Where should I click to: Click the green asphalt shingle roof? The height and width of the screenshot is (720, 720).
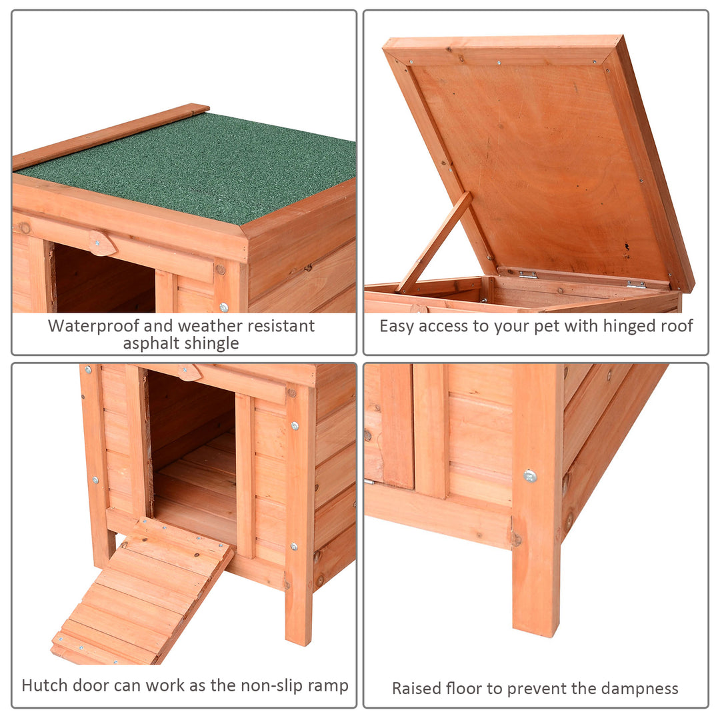[193, 167]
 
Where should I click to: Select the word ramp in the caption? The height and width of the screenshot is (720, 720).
[326, 686]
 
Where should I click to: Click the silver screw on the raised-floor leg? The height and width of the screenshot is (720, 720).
[530, 475]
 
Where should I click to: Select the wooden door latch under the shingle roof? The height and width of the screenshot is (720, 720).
[102, 243]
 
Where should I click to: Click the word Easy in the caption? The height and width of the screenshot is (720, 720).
[397, 326]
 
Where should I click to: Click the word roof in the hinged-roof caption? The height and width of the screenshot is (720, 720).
[679, 326]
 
